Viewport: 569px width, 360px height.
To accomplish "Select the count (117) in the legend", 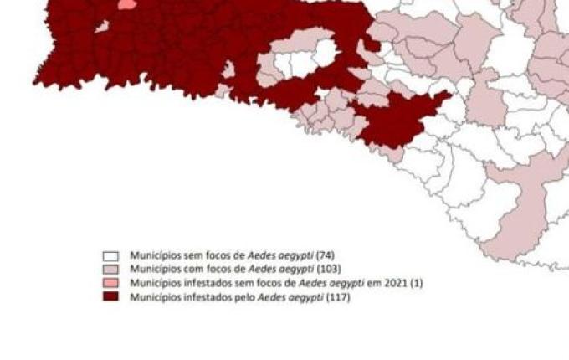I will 338,297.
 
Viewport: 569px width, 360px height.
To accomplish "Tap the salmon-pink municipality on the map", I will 126,4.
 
